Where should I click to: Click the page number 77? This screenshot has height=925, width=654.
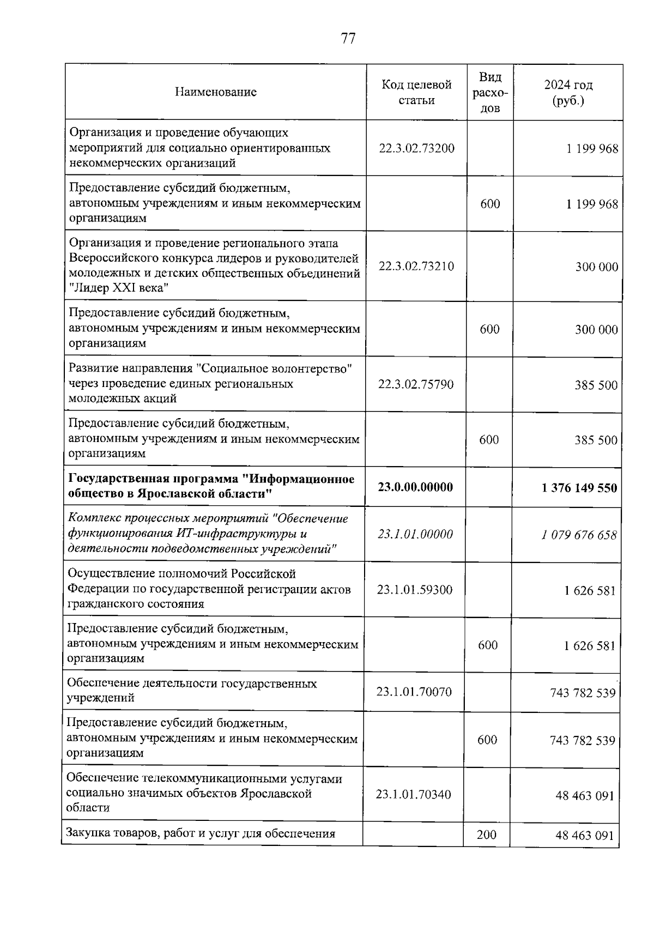(x=348, y=39)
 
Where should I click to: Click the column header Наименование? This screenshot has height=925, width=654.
(x=216, y=92)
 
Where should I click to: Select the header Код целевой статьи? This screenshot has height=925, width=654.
(x=416, y=92)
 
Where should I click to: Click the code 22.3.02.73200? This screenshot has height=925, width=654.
(x=416, y=148)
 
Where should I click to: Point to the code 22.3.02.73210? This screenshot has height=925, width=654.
(x=416, y=267)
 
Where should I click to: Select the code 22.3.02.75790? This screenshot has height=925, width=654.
(x=416, y=384)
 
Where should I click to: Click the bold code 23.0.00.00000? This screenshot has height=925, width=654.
(x=415, y=487)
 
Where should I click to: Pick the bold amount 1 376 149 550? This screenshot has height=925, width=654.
(x=579, y=488)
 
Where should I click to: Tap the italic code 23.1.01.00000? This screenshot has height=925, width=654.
(x=415, y=534)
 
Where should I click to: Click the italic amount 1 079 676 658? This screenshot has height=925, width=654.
(x=579, y=535)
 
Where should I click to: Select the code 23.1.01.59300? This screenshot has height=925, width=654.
(x=414, y=590)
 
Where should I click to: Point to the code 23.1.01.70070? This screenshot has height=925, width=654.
(x=414, y=692)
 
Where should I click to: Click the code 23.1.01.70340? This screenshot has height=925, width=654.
(x=413, y=794)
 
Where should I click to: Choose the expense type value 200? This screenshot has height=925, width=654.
(x=486, y=835)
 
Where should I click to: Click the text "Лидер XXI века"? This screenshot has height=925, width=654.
(x=118, y=288)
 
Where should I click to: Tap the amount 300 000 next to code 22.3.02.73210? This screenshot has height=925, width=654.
(x=596, y=267)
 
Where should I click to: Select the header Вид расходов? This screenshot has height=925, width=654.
(x=490, y=92)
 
